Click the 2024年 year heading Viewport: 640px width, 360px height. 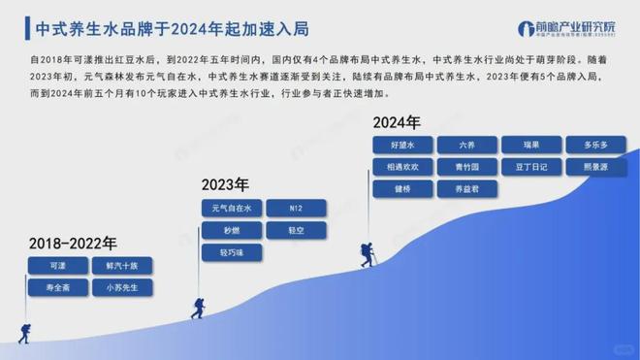pyautogui.click(x=397, y=123)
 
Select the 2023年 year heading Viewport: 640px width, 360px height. pyautogui.click(x=225, y=184)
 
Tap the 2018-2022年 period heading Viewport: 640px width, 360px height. pyautogui.click(x=73, y=243)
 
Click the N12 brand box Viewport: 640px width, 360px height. pyautogui.click(x=297, y=209)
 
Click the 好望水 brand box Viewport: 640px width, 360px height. pyautogui.click(x=402, y=145)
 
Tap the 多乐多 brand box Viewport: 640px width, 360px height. pyautogui.click(x=595, y=145)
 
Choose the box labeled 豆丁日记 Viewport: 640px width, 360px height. pyautogui.click(x=532, y=167)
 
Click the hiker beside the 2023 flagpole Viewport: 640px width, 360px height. pyautogui.click(x=197, y=309)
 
